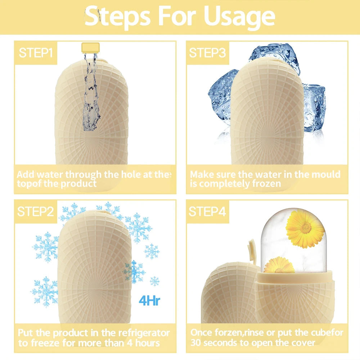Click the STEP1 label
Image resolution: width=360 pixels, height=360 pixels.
[36, 53]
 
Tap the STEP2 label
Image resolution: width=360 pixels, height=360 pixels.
[36, 211]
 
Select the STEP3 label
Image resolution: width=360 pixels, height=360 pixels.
[207, 53]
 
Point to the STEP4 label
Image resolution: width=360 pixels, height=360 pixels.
[207, 211]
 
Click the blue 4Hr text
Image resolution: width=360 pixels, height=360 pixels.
[149, 301]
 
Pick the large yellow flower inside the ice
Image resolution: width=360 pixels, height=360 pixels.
[305, 229]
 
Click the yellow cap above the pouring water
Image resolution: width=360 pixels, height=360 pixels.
[91, 47]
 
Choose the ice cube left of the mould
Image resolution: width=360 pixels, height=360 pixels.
[220, 97]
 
